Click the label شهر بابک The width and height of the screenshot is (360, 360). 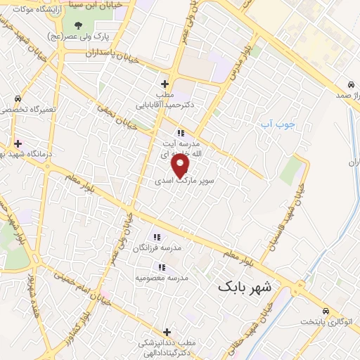click(x=248, y=286)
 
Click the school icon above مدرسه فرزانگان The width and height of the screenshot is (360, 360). click(x=156, y=237)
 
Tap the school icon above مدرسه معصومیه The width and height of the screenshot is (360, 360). click(x=162, y=267)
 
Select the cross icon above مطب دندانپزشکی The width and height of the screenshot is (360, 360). click(x=167, y=332)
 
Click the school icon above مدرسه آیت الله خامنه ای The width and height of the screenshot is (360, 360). click(x=181, y=132)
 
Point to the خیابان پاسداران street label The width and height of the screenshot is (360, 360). click(x=112, y=53)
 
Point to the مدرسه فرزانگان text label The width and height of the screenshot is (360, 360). click(x=162, y=248)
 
